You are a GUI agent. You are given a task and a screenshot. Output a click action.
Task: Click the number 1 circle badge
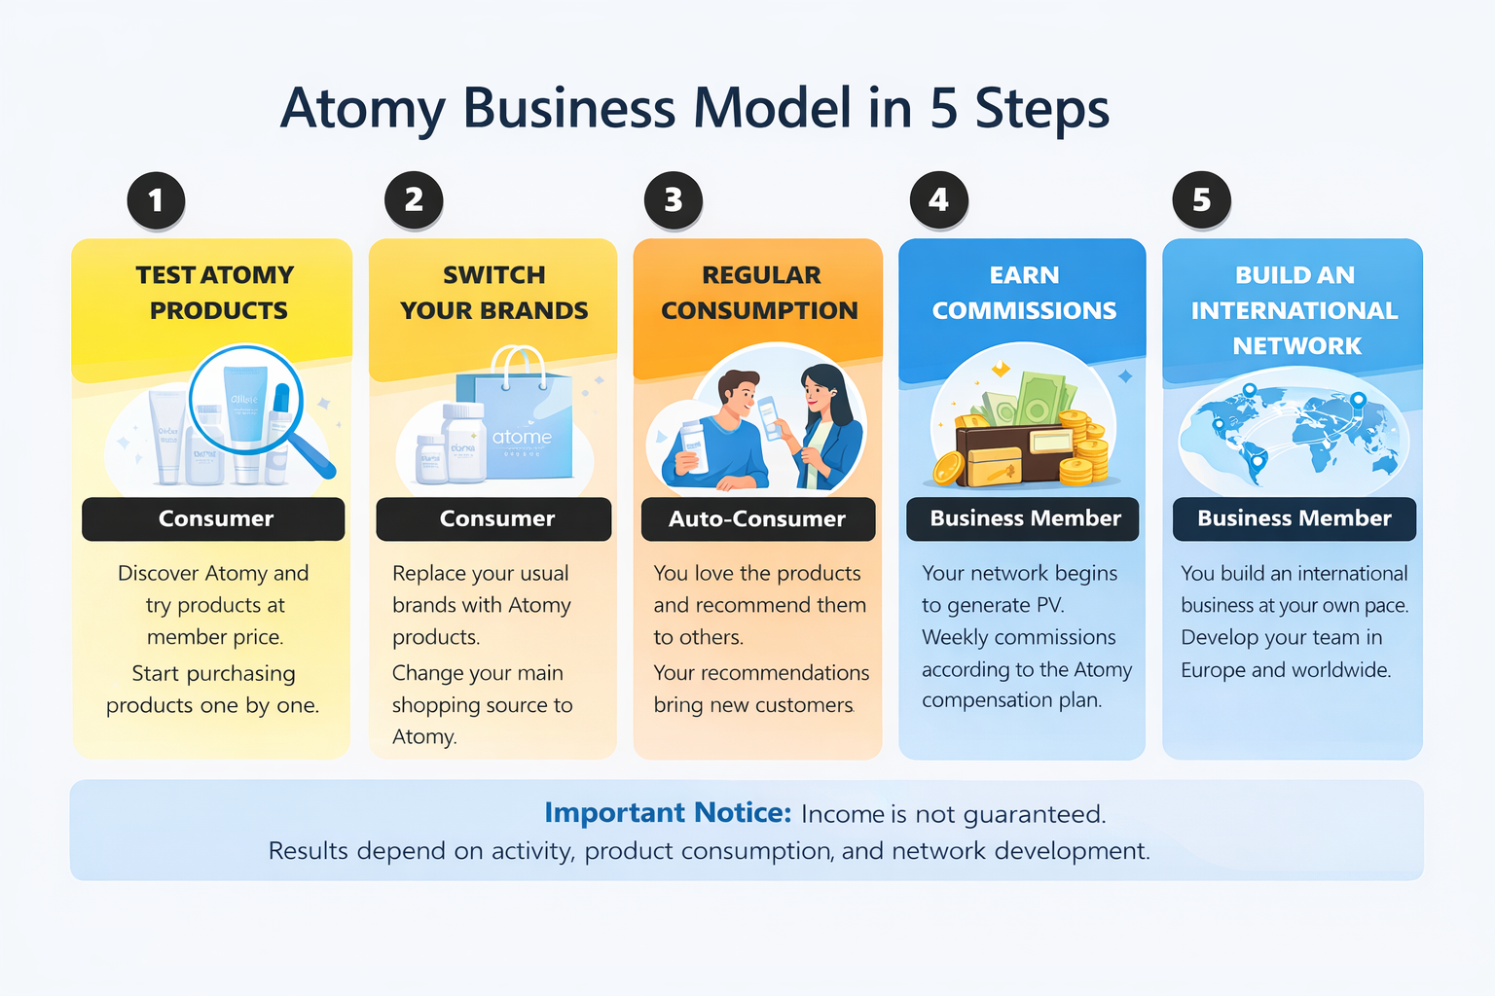pyautogui.click(x=156, y=200)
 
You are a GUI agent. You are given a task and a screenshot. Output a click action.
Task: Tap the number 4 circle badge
pyautogui.click(x=938, y=200)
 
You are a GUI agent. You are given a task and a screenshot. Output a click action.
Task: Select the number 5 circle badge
pyautogui.click(x=1202, y=200)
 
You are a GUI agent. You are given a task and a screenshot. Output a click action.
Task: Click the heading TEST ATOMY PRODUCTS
pyautogui.click(x=216, y=293)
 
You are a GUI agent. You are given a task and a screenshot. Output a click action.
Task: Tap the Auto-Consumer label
pyautogui.click(x=757, y=519)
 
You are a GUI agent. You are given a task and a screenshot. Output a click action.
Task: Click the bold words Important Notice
pyautogui.click(x=668, y=812)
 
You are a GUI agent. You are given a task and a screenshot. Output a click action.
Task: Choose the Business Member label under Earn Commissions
pyautogui.click(x=1025, y=518)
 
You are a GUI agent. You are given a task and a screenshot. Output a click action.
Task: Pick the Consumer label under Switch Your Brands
pyautogui.click(x=496, y=519)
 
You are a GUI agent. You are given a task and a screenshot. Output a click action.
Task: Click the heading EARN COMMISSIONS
pyautogui.click(x=1024, y=293)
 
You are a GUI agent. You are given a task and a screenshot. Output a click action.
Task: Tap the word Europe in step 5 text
pyautogui.click(x=1213, y=670)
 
